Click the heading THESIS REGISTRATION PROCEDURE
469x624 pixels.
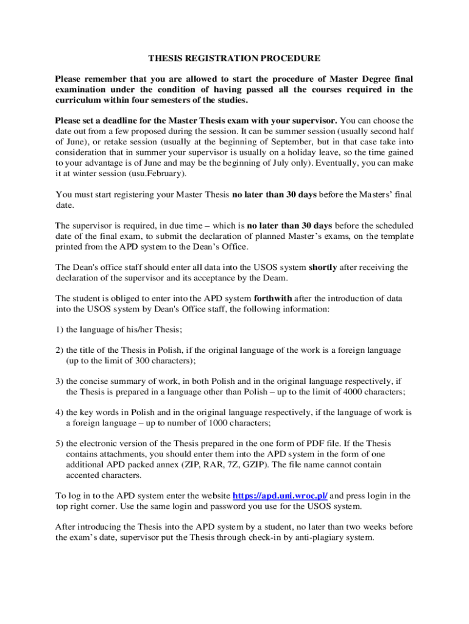(234, 58)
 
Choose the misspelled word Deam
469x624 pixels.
(273, 278)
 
